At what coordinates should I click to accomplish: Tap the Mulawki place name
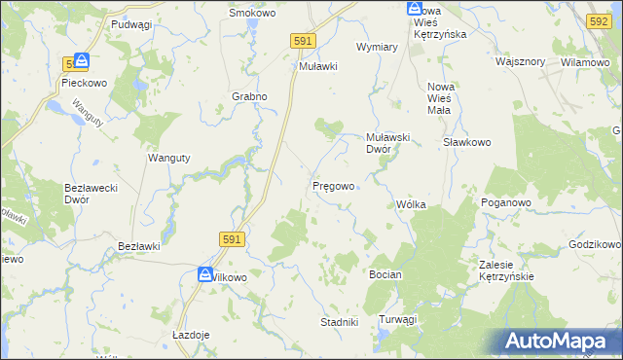317,67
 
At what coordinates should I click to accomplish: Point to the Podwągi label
132,23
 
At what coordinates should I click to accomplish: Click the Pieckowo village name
83,84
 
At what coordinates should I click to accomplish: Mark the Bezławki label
137,247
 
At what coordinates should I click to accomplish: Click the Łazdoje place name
191,334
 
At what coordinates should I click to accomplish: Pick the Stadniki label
340,321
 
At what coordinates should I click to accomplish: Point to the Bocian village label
385,275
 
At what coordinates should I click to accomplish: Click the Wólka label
412,204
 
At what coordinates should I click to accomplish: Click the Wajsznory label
520,61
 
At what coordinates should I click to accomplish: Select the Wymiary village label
378,47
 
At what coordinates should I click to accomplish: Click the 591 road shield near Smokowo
303,40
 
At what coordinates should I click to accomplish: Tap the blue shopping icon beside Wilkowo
205,275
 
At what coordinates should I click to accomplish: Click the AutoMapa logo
559,341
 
